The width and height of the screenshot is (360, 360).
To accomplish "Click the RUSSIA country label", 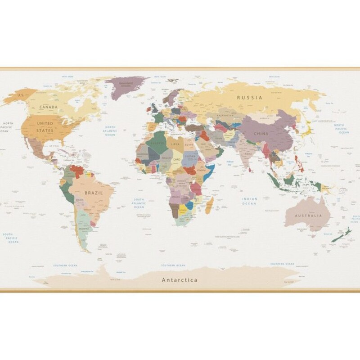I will click(250, 97).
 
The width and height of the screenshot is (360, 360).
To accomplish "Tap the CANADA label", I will click(48, 107).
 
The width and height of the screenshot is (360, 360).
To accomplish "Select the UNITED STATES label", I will click(45, 127).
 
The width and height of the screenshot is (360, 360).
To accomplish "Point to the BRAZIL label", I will click(94, 192).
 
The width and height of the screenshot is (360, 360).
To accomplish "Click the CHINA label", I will click(261, 134).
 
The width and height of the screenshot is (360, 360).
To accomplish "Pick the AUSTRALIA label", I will click(308, 216).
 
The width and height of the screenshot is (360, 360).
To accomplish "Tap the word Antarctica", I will click(180, 280).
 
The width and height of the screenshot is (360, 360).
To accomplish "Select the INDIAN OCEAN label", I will click(250, 201).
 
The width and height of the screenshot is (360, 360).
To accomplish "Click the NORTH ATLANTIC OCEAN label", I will click(110, 131).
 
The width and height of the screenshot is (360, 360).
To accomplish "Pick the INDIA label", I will click(248, 153).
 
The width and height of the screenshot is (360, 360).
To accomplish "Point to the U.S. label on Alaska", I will click(20, 95).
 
